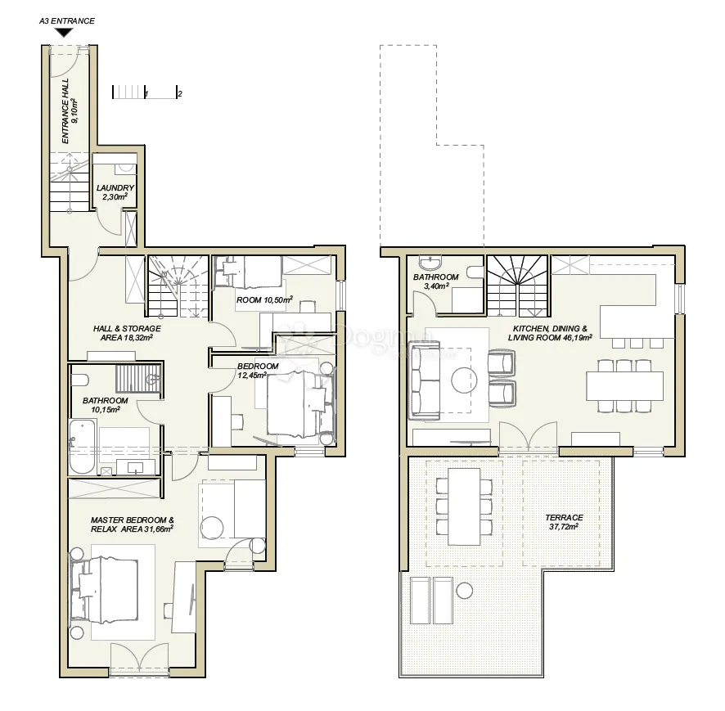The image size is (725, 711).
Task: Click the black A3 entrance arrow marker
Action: (x=64, y=33)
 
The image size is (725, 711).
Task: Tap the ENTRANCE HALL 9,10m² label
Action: (x=70, y=111)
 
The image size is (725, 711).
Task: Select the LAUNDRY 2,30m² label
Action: (x=115, y=192)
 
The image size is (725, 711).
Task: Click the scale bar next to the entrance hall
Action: (x=145, y=92)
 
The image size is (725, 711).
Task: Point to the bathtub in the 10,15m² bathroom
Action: (x=83, y=447)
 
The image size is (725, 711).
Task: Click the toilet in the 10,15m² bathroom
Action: (x=79, y=380)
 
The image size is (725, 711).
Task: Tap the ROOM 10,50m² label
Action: (x=264, y=300)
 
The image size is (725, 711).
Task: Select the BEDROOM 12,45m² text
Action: (x=258, y=371)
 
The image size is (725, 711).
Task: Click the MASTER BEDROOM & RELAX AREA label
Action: (x=133, y=524)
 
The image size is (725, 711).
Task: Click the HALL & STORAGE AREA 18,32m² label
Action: (x=127, y=333)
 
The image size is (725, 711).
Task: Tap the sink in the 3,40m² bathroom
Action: (x=431, y=263)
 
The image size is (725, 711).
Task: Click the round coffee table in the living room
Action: (x=464, y=380)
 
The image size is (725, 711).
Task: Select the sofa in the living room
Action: (x=424, y=380)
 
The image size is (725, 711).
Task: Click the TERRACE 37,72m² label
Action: (x=564, y=522)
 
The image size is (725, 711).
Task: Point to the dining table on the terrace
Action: (x=464, y=506)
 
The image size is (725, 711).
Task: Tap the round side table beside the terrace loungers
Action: (x=464, y=591)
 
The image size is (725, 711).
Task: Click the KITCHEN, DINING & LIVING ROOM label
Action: (x=550, y=333)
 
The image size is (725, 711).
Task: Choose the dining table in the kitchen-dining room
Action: (x=624, y=386)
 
